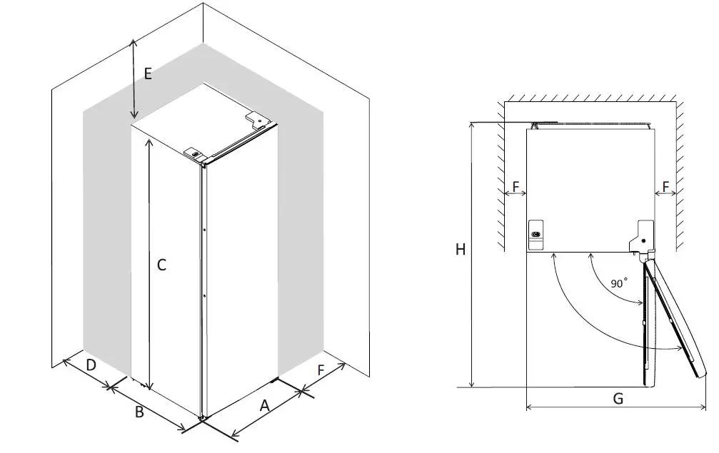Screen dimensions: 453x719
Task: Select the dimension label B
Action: click(x=140, y=412)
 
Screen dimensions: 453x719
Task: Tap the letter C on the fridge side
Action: click(x=161, y=265)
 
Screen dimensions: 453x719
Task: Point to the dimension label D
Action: click(x=91, y=365)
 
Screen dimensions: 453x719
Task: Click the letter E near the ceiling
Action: click(x=148, y=73)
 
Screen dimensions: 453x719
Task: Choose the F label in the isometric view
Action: click(x=321, y=370)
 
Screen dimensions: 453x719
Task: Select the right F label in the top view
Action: click(x=665, y=186)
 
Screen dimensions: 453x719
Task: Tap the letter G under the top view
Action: click(x=618, y=399)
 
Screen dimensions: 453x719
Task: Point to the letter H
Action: click(x=461, y=249)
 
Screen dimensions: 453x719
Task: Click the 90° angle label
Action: click(x=619, y=283)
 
